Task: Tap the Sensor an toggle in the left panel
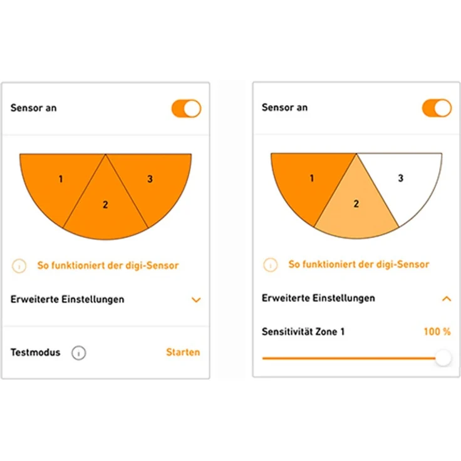(x=186, y=108)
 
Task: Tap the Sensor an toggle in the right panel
(x=437, y=108)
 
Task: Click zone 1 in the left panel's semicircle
(x=57, y=182)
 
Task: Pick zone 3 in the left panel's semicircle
(x=154, y=182)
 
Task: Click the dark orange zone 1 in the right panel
(x=307, y=182)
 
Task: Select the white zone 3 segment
(x=405, y=182)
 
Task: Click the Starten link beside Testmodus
(x=183, y=352)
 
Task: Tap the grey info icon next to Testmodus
(x=78, y=353)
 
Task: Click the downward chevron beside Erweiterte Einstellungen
(x=196, y=300)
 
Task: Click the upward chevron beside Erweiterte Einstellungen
(x=447, y=299)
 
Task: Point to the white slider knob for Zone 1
(x=443, y=358)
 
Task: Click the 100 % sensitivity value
(x=437, y=331)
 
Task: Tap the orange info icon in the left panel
(x=20, y=266)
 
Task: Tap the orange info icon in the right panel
(x=271, y=264)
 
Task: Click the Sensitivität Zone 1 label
(x=303, y=331)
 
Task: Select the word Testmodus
(x=36, y=352)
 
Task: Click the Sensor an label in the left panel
(x=34, y=108)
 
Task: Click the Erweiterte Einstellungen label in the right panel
(x=318, y=298)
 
